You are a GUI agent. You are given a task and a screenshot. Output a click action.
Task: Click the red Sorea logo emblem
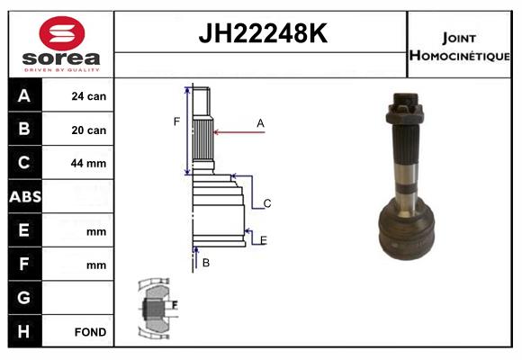pyautogui.click(x=62, y=33)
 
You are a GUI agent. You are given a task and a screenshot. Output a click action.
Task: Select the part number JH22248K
pyautogui.click(x=263, y=33)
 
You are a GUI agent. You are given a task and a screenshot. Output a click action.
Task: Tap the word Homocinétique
pyautogui.click(x=459, y=55)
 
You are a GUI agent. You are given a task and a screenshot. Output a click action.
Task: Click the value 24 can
pyautogui.click(x=88, y=96)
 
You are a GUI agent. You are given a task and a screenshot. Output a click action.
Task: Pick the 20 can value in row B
pyautogui.click(x=88, y=130)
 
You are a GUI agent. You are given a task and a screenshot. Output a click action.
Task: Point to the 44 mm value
pyautogui.click(x=88, y=163)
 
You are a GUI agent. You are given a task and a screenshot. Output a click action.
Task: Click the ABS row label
pyautogui.click(x=25, y=197)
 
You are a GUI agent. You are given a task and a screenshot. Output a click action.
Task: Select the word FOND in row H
pyautogui.click(x=90, y=332)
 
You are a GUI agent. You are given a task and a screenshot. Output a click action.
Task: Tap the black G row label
pyautogui.click(x=24, y=297)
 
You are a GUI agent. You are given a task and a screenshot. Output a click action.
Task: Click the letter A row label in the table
pyautogui.click(x=24, y=95)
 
